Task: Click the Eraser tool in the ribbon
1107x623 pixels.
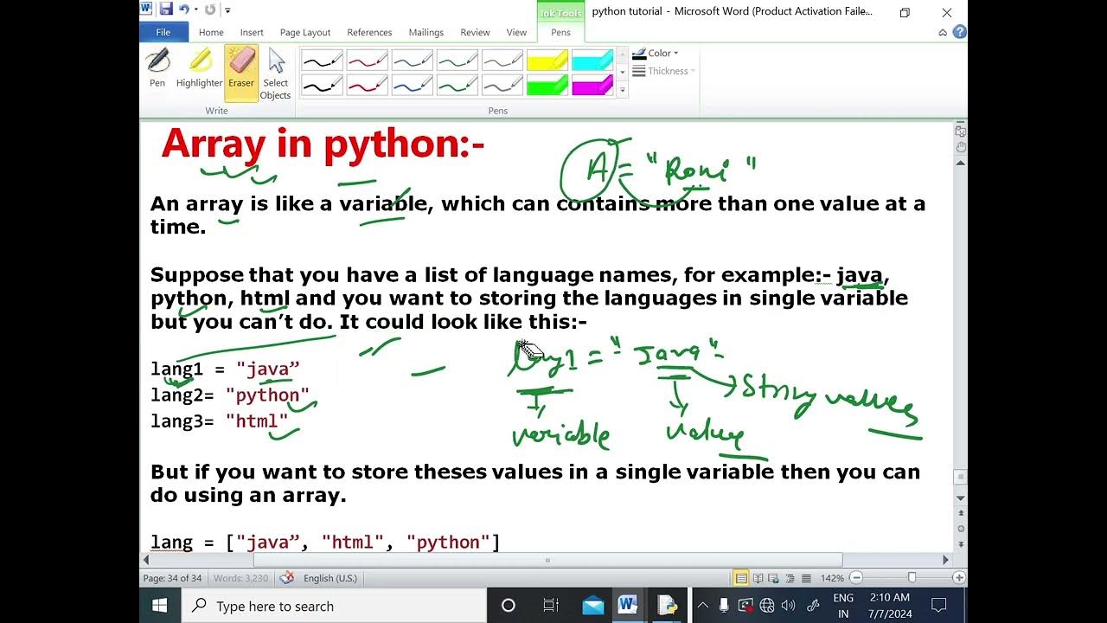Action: (241, 69)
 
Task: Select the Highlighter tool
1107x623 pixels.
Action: (199, 69)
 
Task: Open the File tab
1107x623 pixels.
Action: (163, 32)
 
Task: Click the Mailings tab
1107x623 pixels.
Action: (426, 32)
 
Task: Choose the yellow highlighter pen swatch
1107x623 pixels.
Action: (547, 61)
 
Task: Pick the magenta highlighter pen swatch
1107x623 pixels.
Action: (592, 85)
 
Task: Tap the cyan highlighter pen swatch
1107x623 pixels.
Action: (592, 61)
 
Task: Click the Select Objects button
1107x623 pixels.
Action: (276, 74)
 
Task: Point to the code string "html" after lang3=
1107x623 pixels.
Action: (257, 421)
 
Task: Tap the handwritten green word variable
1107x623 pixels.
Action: (561, 435)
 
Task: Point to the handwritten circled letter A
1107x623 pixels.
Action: (597, 170)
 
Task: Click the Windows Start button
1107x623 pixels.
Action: (160, 606)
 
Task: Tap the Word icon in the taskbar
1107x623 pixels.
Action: (627, 606)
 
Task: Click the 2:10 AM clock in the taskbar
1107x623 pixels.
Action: (889, 598)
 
